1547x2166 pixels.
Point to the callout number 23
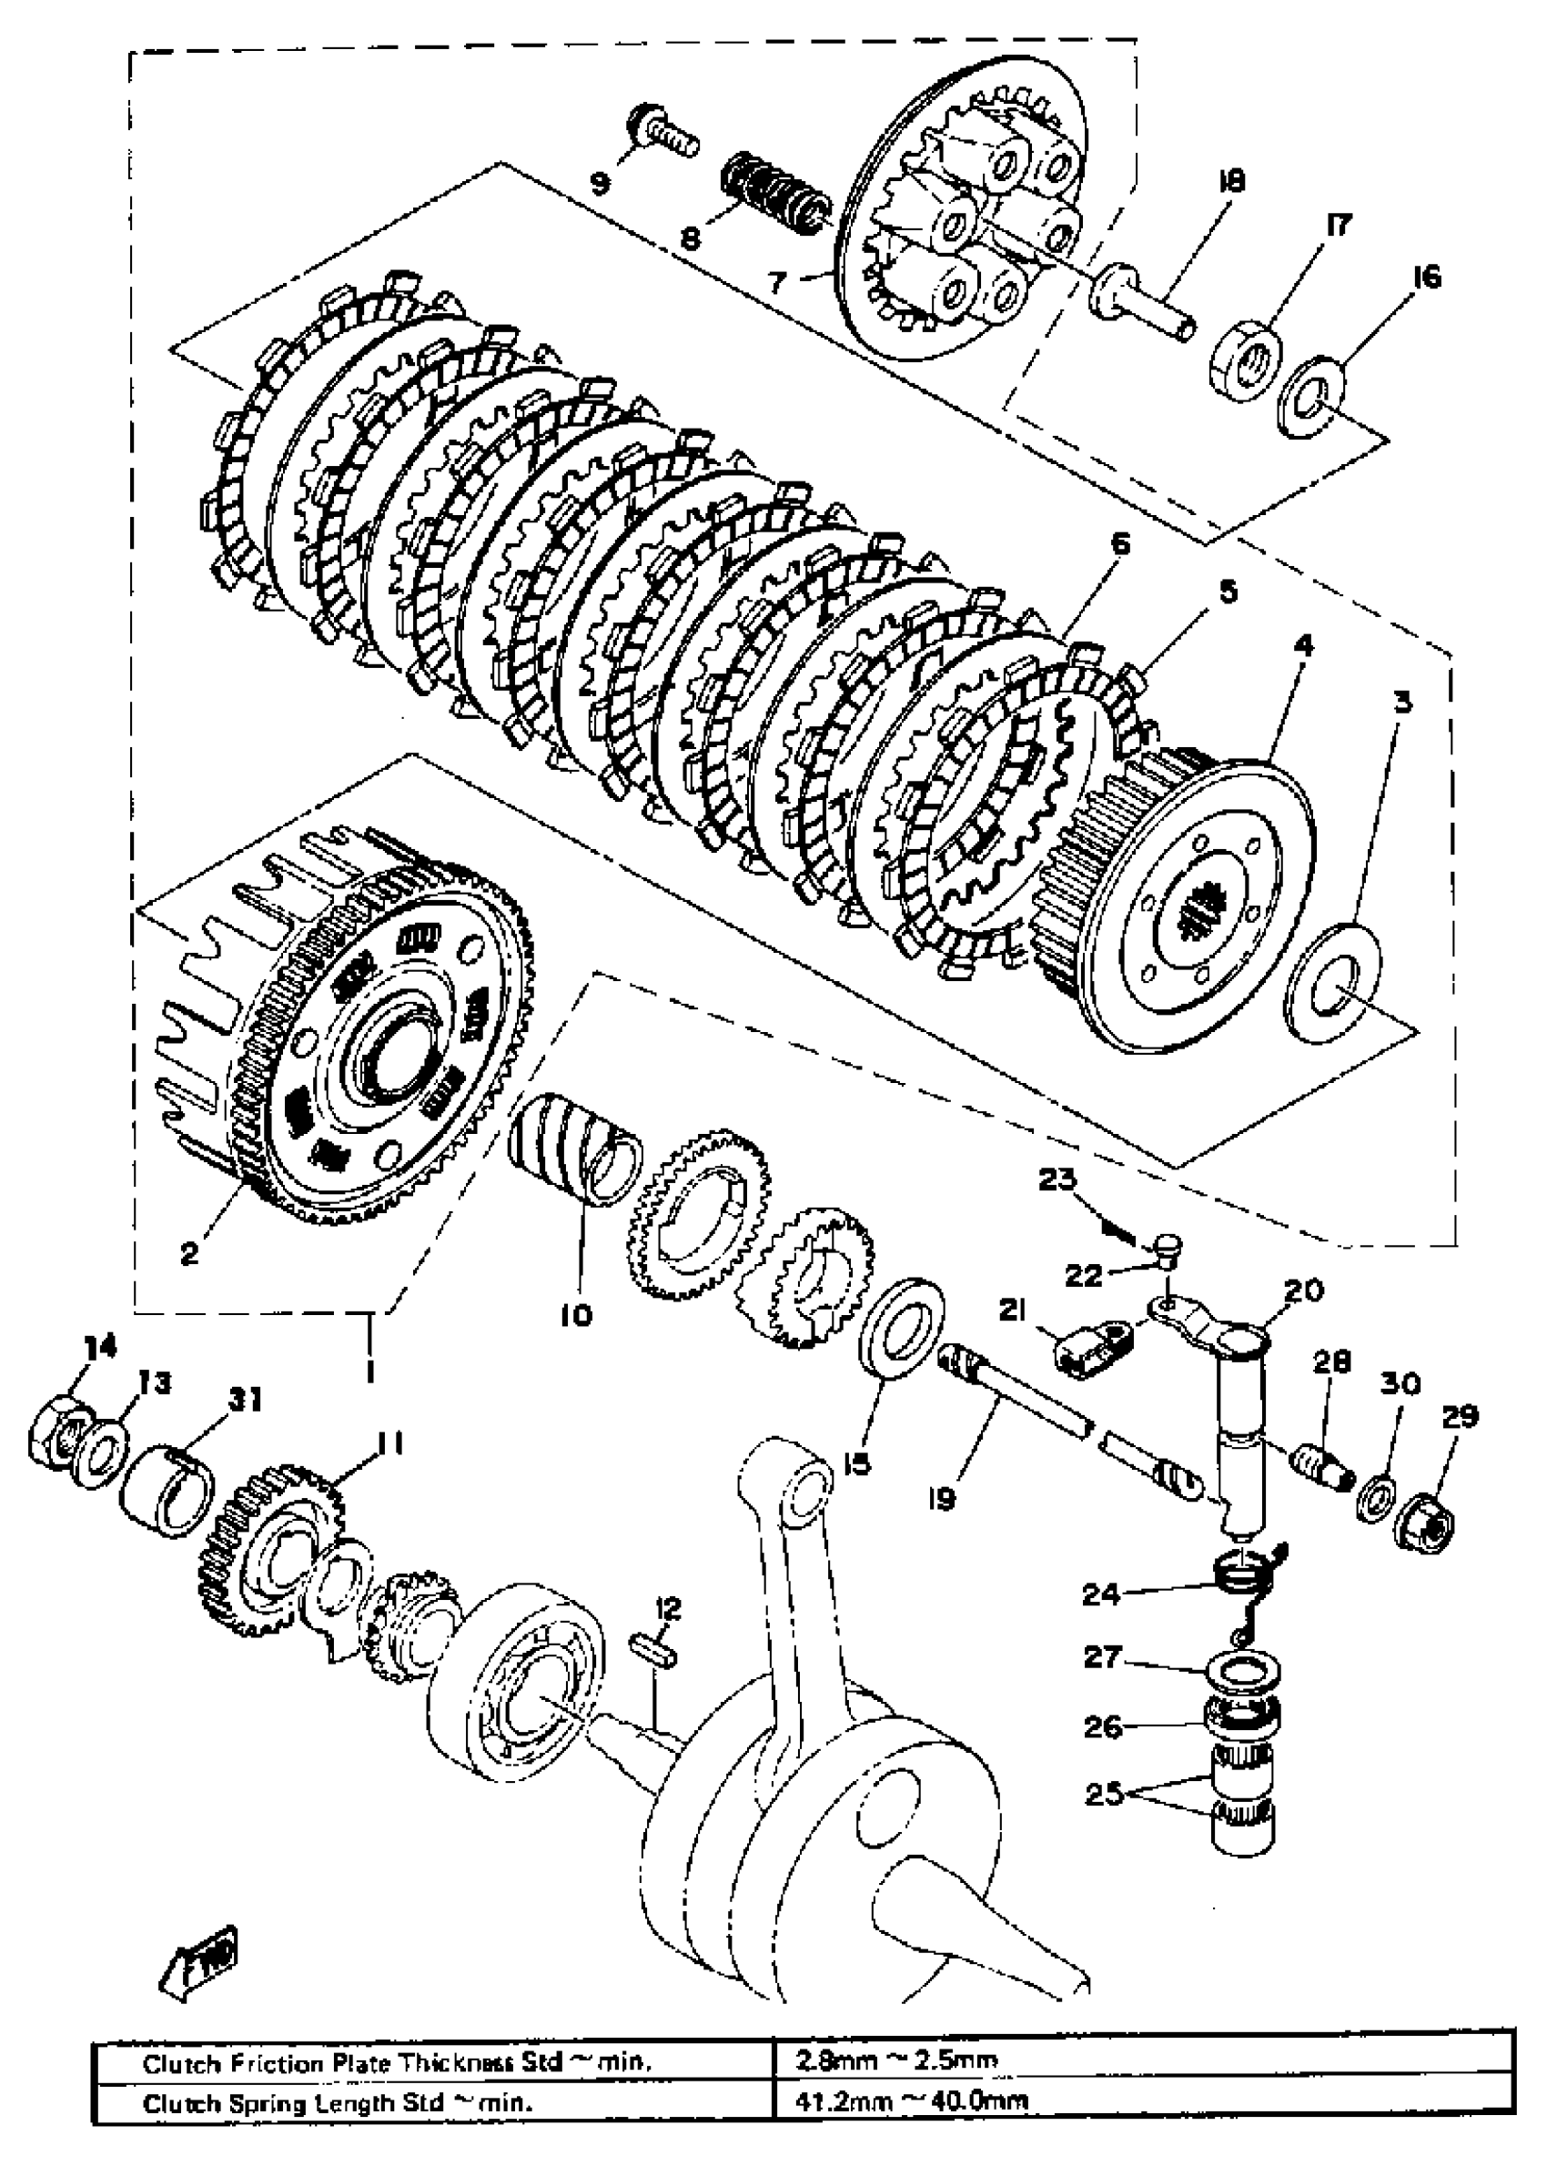(1057, 1181)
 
